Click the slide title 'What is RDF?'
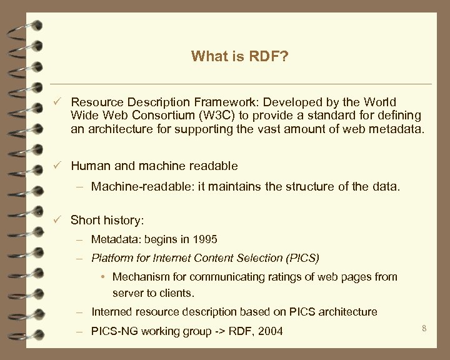click(x=240, y=57)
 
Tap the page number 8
click(x=424, y=327)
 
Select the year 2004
click(x=270, y=331)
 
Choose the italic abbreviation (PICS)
click(x=303, y=257)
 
